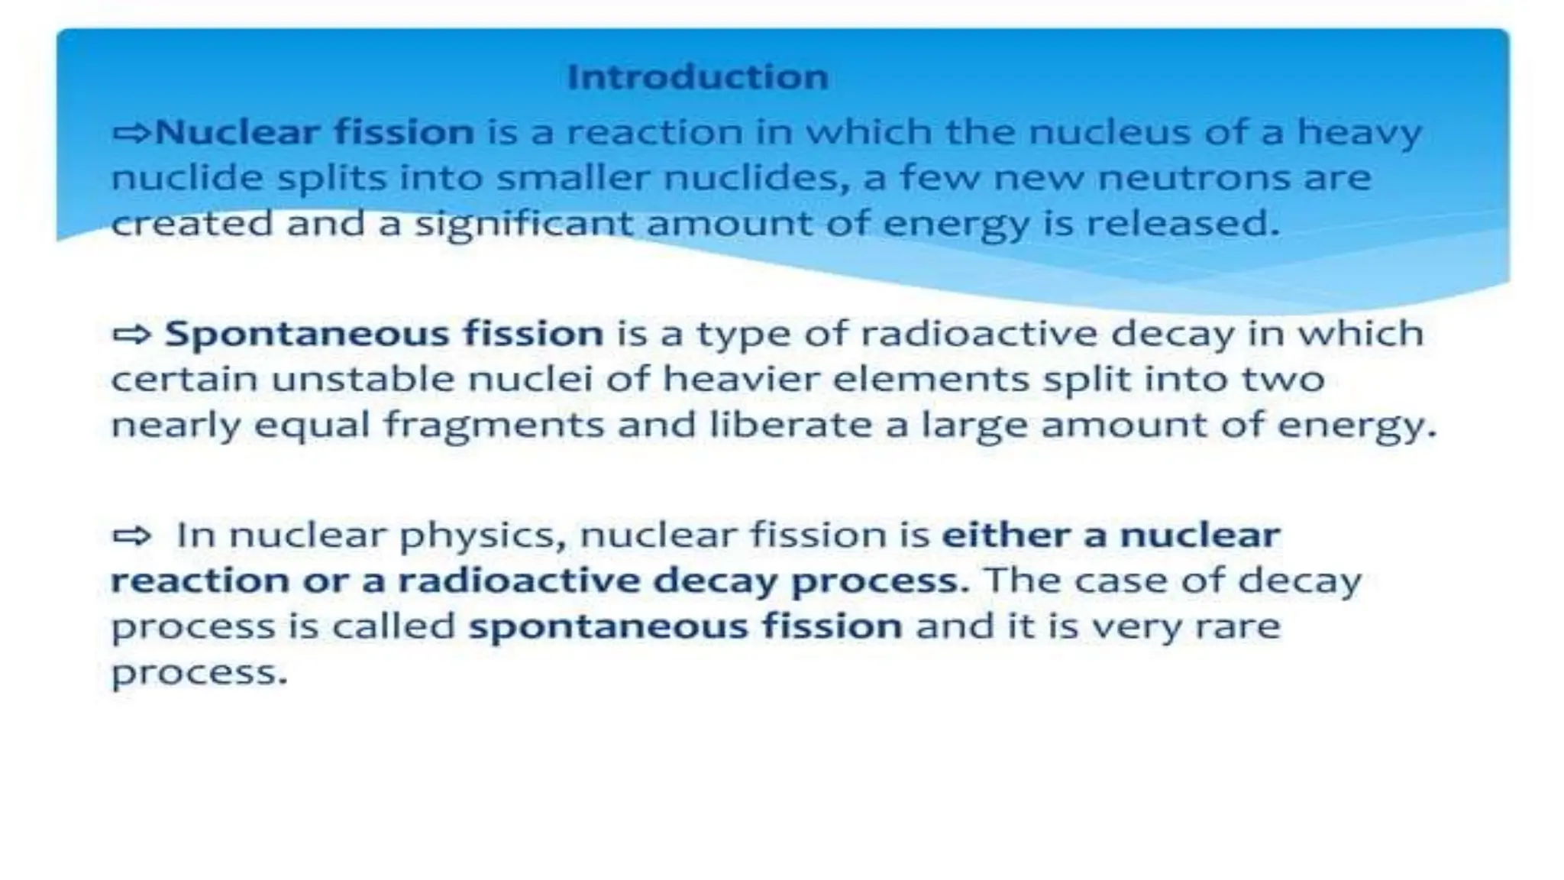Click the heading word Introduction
[697, 77]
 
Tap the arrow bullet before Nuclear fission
[131, 134]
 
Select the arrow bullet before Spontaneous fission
[131, 335]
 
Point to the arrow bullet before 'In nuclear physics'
[131, 535]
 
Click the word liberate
[790, 425]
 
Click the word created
[192, 224]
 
